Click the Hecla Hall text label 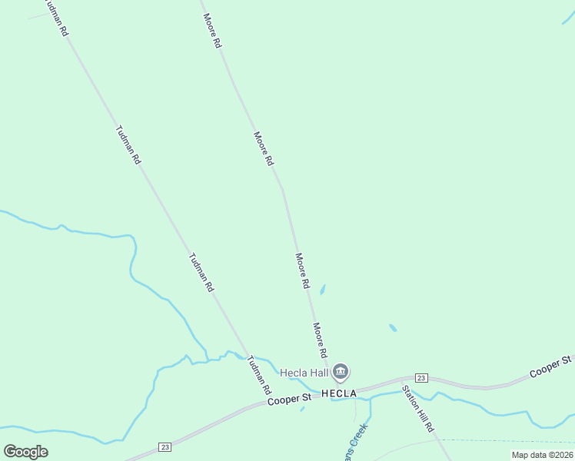point(304,373)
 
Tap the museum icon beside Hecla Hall point(341,373)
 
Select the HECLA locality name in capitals point(340,393)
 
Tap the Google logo point(25,452)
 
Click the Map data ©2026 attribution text point(542,455)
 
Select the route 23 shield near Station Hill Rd point(420,378)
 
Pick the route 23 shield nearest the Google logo point(165,447)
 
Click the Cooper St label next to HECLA point(289,399)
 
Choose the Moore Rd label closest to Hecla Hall point(320,340)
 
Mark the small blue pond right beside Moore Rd point(322,290)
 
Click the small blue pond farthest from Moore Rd point(393,327)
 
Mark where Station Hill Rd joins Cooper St point(401,380)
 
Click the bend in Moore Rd point(283,189)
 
